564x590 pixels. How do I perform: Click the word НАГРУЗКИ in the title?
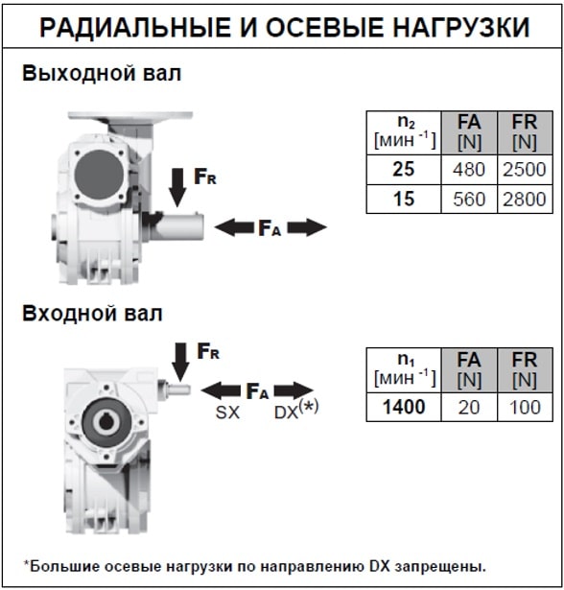pos(461,27)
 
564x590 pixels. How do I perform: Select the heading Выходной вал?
pos(102,73)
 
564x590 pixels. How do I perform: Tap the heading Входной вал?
pos(92,313)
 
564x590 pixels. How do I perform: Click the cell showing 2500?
pos(525,170)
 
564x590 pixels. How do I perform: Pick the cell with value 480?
pos(469,170)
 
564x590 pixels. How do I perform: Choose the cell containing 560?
pos(469,199)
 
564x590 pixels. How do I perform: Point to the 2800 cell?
pos(525,199)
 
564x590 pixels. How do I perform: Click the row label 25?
pos(404,169)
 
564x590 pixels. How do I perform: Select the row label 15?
pos(404,199)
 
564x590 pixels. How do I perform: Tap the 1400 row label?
pos(404,407)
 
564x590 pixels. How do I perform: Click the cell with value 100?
pos(525,407)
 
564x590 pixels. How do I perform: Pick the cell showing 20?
pos(469,407)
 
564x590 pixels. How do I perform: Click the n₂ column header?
pos(404,132)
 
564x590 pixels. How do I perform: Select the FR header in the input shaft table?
pos(525,369)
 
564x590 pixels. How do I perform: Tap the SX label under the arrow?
pos(227,413)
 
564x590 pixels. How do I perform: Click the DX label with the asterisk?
pos(296,411)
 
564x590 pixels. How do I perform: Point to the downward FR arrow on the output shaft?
pos(177,187)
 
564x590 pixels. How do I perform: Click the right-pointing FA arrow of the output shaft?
pos(307,227)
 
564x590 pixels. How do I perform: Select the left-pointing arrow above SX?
pos(221,391)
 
